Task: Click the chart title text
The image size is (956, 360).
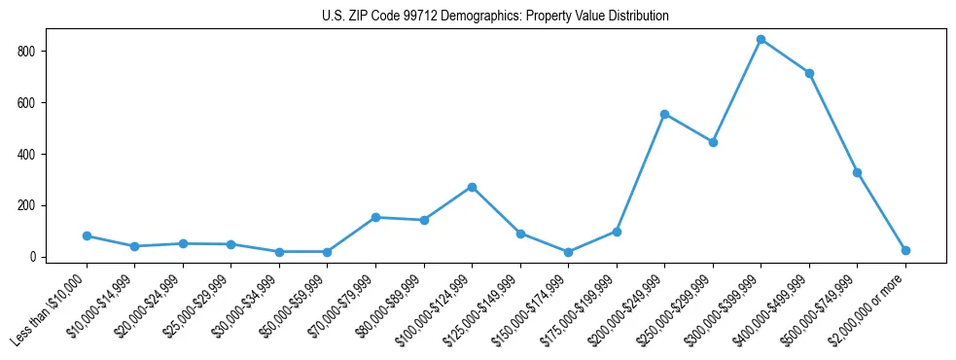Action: (495, 17)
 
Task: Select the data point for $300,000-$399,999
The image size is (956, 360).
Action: (761, 40)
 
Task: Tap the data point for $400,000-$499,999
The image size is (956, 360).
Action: (809, 73)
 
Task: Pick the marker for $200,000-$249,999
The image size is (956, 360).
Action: (664, 114)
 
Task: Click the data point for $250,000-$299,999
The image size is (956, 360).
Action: (713, 142)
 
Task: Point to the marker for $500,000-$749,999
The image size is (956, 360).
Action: (857, 172)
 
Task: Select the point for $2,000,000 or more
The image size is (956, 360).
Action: (905, 250)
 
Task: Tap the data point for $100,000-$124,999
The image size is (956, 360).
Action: (472, 187)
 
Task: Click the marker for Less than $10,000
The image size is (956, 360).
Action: (87, 235)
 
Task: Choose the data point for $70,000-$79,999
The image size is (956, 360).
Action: (375, 217)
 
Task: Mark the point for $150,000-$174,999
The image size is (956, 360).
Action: (568, 252)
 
